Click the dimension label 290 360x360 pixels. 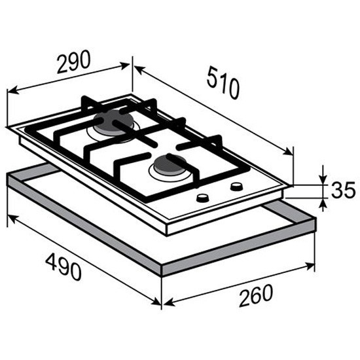pyautogui.click(x=74, y=62)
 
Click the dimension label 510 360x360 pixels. pyautogui.click(x=223, y=82)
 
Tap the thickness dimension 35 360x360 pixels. pyautogui.click(x=343, y=190)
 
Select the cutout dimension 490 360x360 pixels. pyautogui.click(x=63, y=266)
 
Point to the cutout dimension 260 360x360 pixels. pyautogui.click(x=256, y=295)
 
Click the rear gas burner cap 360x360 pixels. pyautogui.click(x=113, y=122)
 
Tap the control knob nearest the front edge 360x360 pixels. pyautogui.click(x=203, y=198)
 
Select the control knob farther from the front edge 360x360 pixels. pyautogui.click(x=236, y=186)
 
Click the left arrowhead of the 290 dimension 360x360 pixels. pyautogui.click(x=12, y=91)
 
